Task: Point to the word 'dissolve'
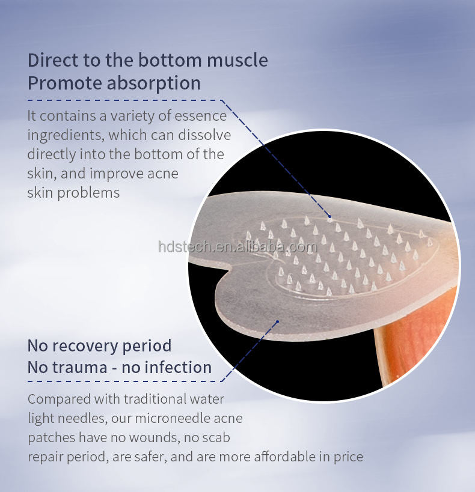click(x=201, y=135)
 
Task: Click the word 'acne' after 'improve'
click(x=162, y=174)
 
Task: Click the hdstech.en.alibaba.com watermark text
click(x=237, y=247)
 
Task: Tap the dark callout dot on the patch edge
click(x=277, y=321)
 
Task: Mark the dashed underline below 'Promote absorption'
click(x=120, y=100)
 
